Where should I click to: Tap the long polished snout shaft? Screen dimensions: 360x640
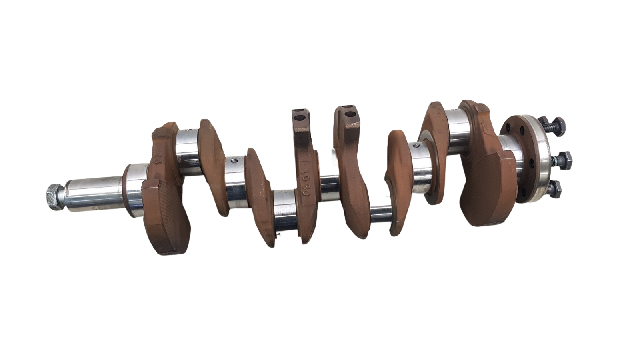click(94, 192)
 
